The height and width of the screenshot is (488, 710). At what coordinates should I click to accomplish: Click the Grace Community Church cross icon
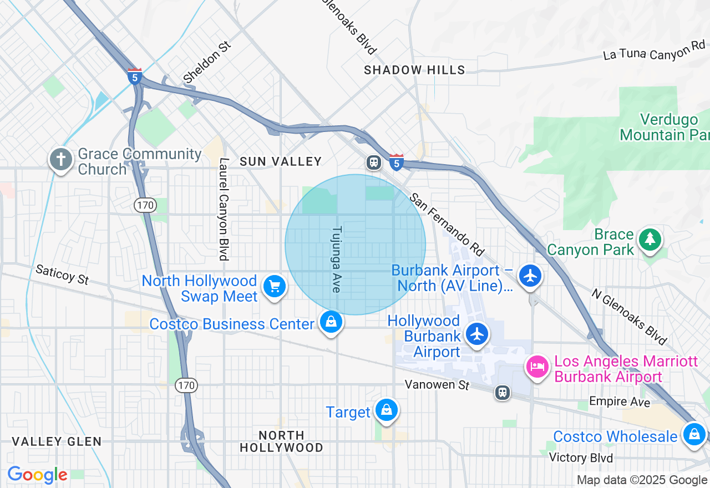pos(61,160)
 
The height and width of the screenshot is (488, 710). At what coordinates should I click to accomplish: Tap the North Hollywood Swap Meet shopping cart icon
pos(275,287)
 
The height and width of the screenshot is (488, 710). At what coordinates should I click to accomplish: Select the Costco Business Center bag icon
pos(331,322)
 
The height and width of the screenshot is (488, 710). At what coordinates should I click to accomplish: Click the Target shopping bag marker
pos(386,410)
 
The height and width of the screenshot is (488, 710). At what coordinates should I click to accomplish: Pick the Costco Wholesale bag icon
pos(694,434)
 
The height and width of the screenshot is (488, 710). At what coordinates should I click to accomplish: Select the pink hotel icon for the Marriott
pos(537,367)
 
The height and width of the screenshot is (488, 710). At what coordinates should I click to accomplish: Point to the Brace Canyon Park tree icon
pos(648,240)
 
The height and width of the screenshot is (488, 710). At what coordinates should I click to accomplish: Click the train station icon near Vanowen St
pos(503,392)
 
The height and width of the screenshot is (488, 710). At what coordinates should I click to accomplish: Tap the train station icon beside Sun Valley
pos(374,162)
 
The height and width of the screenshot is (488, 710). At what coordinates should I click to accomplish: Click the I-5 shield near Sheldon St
pos(134,76)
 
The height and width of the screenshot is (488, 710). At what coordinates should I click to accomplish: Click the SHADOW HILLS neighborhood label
pos(414,70)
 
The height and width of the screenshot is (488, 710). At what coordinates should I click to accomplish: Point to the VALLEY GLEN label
pos(57,441)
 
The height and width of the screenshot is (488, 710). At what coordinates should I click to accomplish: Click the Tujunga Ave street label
pos(336,259)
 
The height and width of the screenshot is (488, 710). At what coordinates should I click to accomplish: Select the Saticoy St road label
pos(62,274)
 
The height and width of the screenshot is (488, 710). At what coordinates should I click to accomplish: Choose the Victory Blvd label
pos(581,457)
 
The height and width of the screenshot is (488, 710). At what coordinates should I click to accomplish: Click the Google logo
pos(38,475)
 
